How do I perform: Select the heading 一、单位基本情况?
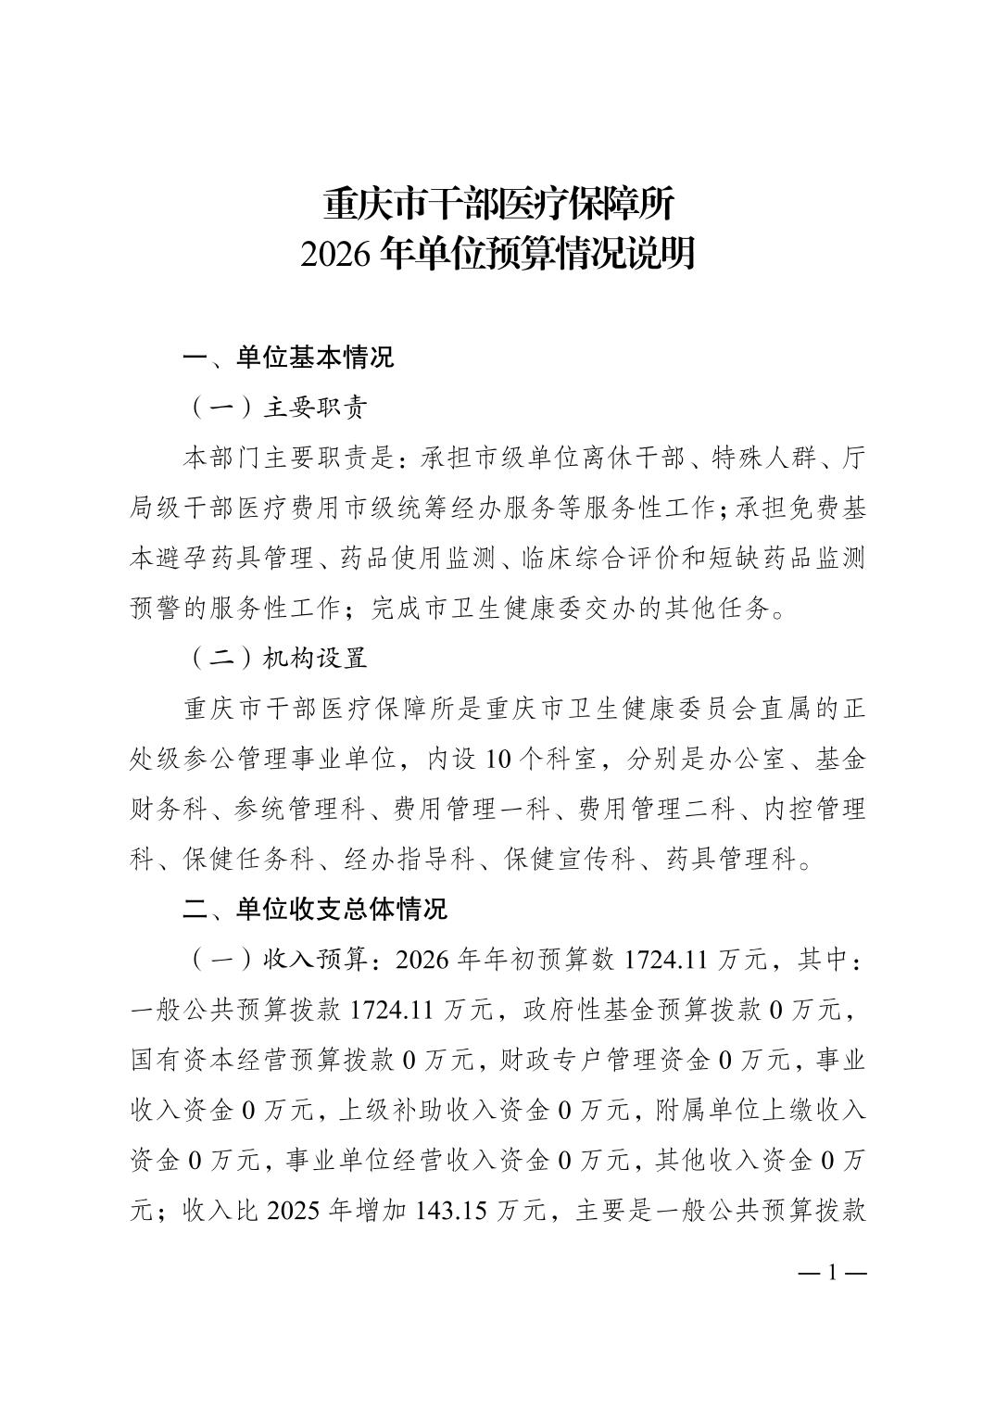pyautogui.click(x=288, y=358)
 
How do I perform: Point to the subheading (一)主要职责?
pyautogui.click(x=277, y=408)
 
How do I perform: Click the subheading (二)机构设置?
pyautogui.click(x=277, y=659)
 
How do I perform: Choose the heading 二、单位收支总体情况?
pyautogui.click(x=315, y=909)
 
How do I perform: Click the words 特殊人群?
pyautogui.click(x=764, y=458)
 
